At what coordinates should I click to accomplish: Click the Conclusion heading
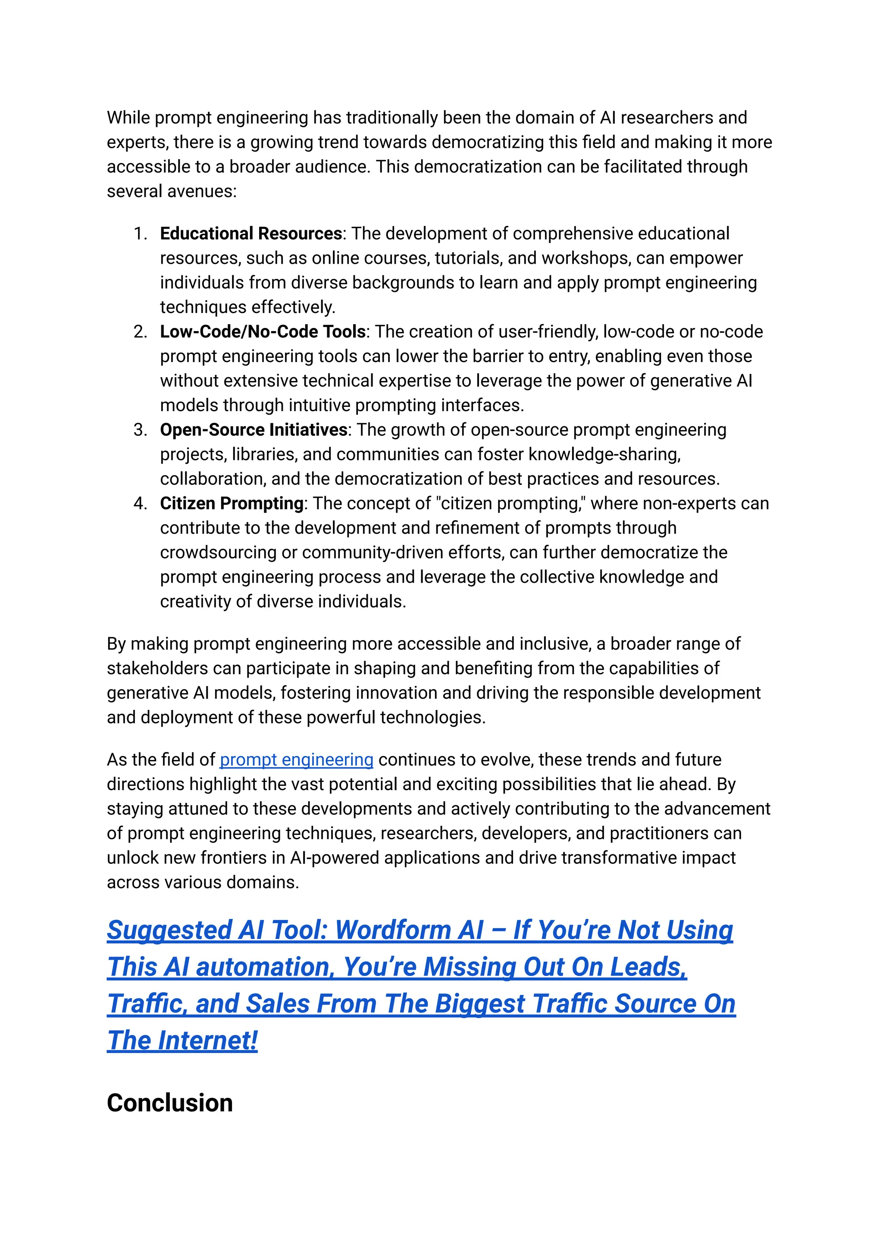(x=169, y=1103)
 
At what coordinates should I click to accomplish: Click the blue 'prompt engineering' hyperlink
(x=296, y=759)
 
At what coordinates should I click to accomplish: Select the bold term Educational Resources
(x=250, y=233)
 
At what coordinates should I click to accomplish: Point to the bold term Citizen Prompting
(x=232, y=503)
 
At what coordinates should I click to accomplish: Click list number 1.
(x=140, y=234)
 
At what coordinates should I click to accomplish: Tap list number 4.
(x=140, y=503)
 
